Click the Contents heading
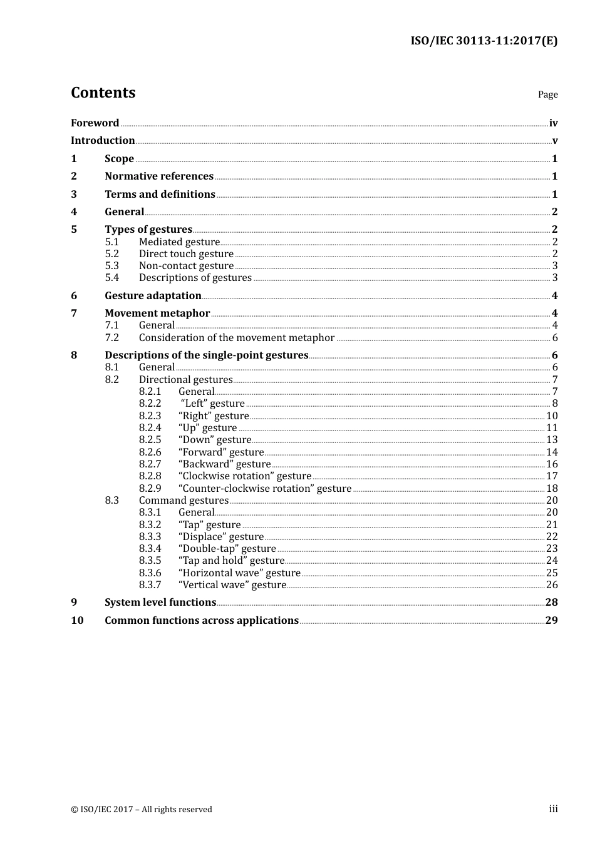click(x=103, y=93)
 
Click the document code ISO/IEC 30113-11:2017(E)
click(x=484, y=41)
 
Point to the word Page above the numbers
click(x=547, y=94)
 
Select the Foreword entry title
click(x=95, y=123)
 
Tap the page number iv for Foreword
click(x=553, y=123)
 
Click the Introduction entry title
click(x=103, y=141)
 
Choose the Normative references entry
click(x=159, y=176)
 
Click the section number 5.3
click(x=111, y=266)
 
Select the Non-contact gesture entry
click(x=186, y=266)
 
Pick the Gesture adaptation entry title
click(x=153, y=296)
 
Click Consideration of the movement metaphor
click(x=237, y=338)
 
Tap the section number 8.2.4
click(x=150, y=428)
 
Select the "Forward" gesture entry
click(x=221, y=452)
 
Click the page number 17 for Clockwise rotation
click(x=552, y=476)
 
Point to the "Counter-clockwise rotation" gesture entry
click(x=265, y=489)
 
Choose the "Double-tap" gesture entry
click(x=227, y=549)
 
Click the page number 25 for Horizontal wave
click(x=552, y=573)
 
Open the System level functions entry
click(x=160, y=603)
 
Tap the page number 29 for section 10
click(x=551, y=621)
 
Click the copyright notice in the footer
click(x=142, y=810)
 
